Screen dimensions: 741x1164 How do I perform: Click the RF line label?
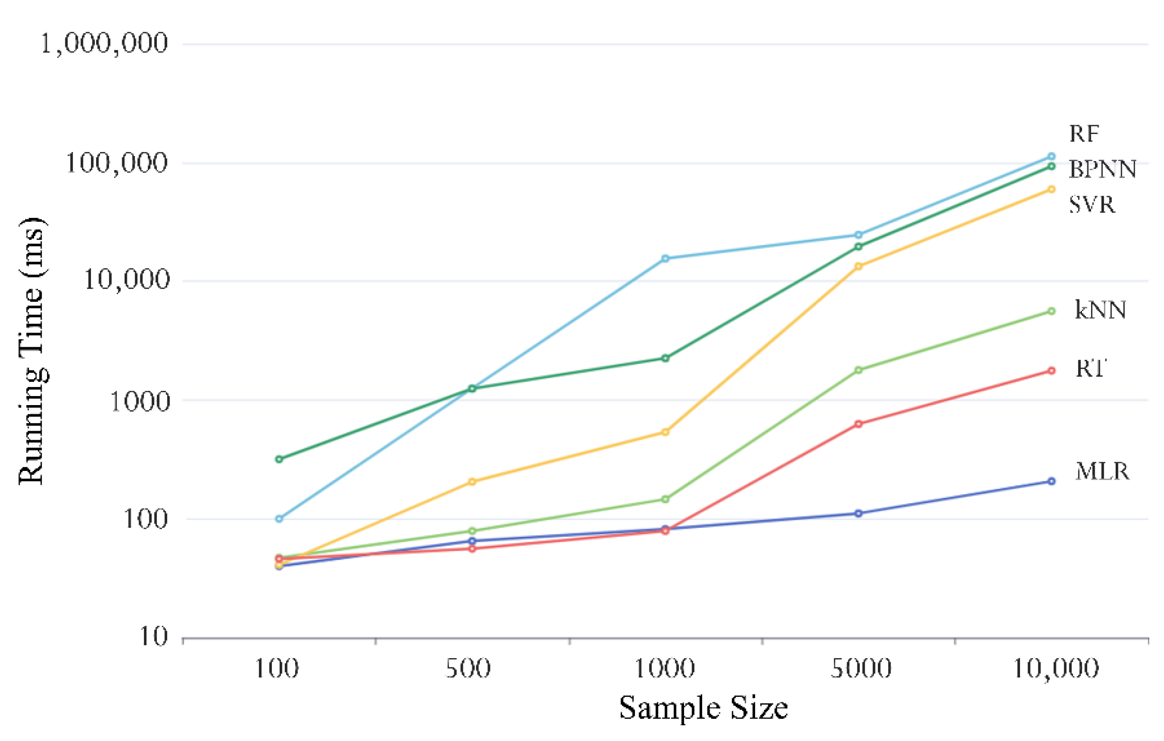1084,134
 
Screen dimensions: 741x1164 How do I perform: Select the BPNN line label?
1102,169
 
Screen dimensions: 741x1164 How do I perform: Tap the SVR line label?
1092,205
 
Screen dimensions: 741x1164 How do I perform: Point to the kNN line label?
1100,310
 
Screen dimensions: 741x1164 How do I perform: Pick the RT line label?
1091,368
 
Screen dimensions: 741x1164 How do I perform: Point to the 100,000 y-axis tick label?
117,163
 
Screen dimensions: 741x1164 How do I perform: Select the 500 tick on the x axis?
468,669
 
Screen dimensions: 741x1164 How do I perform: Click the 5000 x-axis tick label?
861,669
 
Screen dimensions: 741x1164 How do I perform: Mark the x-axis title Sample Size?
704,708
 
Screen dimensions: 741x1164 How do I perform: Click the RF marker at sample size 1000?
665,259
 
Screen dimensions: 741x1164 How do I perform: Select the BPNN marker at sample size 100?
279,459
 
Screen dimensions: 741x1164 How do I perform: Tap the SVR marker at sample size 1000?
665,432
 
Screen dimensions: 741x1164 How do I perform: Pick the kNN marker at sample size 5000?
858,370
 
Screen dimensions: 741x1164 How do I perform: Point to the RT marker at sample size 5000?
858,425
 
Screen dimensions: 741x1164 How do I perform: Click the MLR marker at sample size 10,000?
1051,481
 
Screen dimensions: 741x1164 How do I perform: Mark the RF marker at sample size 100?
279,519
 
